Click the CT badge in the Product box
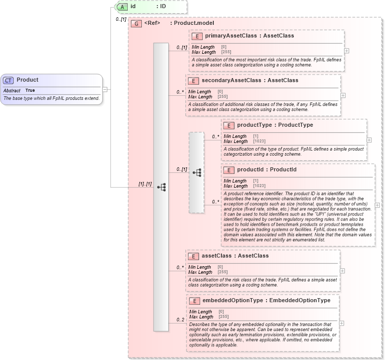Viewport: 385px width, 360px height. click(x=9, y=80)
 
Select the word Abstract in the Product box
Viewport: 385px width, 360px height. click(x=12, y=90)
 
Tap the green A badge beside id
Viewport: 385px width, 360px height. click(x=122, y=7)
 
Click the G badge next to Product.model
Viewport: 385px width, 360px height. click(x=136, y=23)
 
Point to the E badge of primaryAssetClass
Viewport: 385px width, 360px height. click(x=197, y=36)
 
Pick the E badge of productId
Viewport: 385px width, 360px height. click(x=229, y=170)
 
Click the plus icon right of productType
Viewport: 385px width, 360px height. click(x=369, y=140)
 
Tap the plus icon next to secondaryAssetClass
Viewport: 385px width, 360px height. click(x=343, y=95)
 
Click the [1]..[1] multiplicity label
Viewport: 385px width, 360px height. click(x=145, y=184)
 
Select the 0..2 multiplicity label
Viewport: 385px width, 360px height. click(x=180, y=320)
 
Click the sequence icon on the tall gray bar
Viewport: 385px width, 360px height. click(x=162, y=187)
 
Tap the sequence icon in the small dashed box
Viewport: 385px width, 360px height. click(x=197, y=173)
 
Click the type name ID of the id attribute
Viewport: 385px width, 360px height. click(x=163, y=7)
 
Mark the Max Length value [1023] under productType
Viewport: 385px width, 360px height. click(x=259, y=141)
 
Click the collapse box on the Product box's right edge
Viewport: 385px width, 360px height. click(x=105, y=89)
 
